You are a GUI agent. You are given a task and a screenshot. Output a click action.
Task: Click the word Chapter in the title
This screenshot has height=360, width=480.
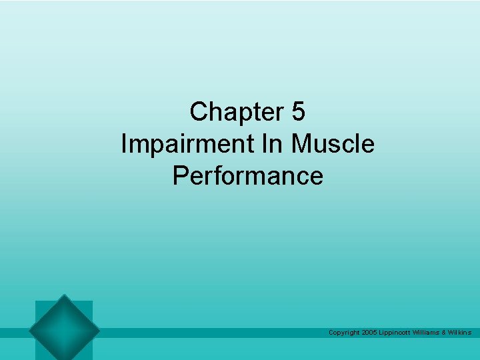click(237, 112)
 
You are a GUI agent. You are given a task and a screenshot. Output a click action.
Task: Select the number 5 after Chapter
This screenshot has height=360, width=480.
click(298, 112)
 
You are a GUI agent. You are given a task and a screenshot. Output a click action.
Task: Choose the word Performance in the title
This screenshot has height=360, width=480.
click(247, 176)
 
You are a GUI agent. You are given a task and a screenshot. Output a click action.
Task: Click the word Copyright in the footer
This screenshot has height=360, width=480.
click(344, 332)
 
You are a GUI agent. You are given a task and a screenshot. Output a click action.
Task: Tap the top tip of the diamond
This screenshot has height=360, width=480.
click(64, 295)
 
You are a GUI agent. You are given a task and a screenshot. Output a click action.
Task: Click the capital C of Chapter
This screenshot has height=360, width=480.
click(198, 112)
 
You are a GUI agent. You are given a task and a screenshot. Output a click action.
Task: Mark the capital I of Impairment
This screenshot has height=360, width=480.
click(124, 144)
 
